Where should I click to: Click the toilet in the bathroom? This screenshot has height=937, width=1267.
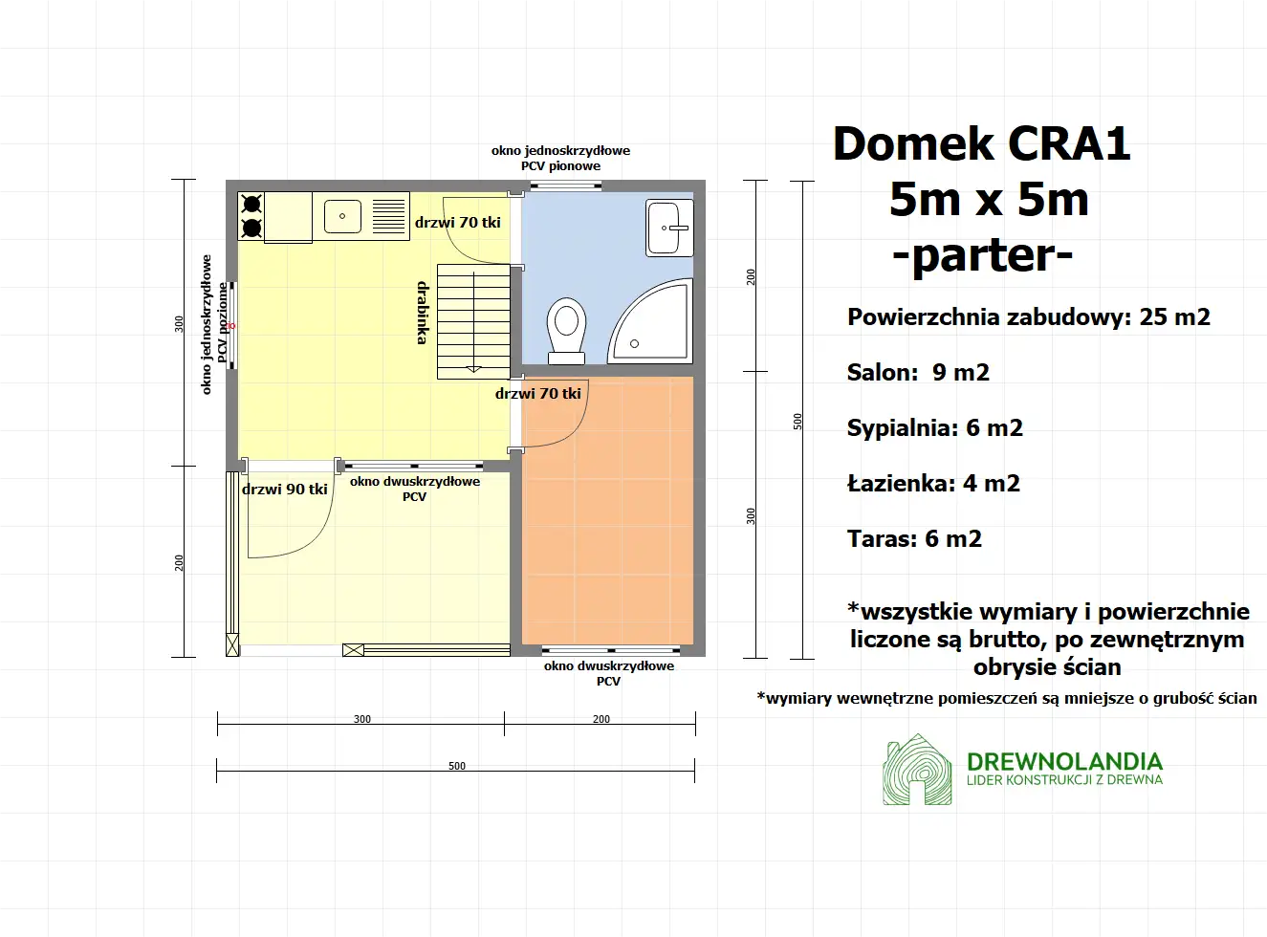pos(566,328)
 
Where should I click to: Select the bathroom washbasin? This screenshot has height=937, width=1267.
pos(668,228)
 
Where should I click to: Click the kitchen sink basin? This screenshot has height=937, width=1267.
pos(342,216)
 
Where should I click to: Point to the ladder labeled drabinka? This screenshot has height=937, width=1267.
pos(473,321)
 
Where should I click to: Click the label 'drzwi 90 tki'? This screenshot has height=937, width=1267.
pos(285,490)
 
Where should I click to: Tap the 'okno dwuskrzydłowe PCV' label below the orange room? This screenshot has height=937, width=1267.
pos(609,673)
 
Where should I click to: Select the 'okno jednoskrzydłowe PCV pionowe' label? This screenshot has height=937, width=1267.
pos(560,158)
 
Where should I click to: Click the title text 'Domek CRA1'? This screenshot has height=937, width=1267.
pos(981,144)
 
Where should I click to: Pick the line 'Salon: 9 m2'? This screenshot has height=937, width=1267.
pos(918,373)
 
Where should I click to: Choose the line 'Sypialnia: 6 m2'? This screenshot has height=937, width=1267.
pos(934,428)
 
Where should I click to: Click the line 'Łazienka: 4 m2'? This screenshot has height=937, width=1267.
pos(933,484)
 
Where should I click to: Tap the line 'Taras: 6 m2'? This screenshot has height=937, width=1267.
pos(914,539)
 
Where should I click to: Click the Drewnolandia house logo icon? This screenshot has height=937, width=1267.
pos(917,770)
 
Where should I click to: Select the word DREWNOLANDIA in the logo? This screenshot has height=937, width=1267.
pos(1064,761)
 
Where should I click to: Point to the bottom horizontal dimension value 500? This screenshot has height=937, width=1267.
pos(457,766)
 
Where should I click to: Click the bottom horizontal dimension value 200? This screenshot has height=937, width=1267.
pos(601,719)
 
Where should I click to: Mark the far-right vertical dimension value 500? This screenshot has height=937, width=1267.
pos(797,421)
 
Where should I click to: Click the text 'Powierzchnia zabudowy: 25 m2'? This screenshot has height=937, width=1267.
pos(1028,317)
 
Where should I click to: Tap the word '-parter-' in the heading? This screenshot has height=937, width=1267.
pos(982,255)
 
